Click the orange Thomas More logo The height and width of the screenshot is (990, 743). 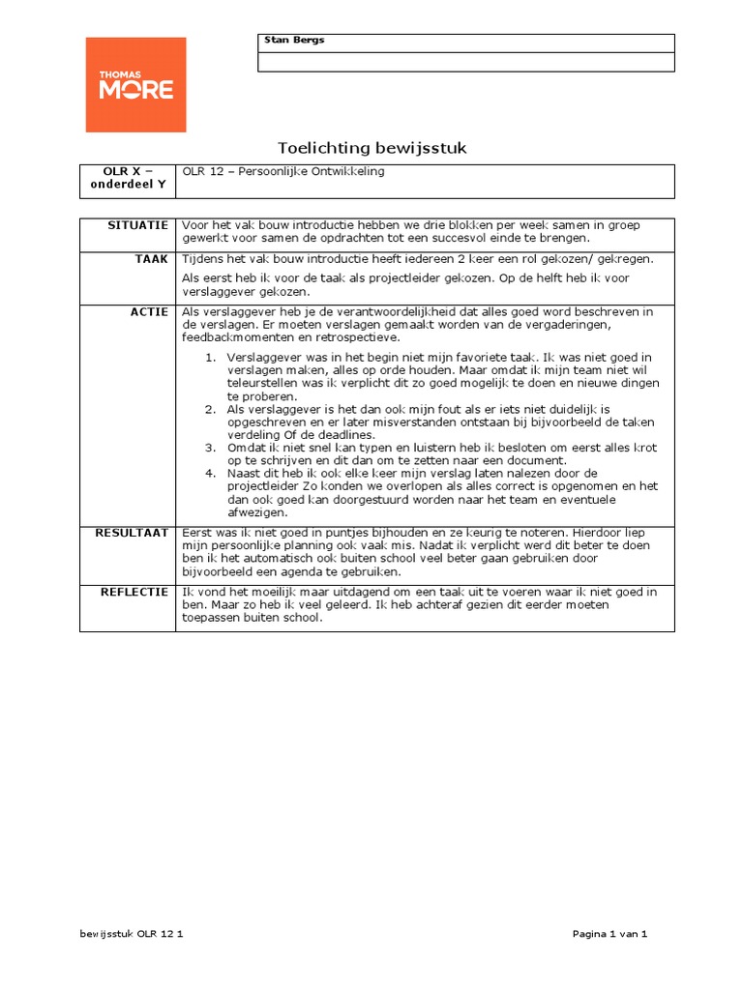(135, 85)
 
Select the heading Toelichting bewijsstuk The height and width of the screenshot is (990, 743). (372, 148)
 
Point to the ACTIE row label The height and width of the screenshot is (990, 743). (150, 312)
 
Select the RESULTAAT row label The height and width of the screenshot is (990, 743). (132, 533)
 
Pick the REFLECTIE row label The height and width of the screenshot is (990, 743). (134, 591)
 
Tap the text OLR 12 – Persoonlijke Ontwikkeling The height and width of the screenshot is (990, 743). (283, 172)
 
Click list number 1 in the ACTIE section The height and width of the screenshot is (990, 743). (210, 358)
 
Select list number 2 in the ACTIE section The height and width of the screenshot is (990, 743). (210, 409)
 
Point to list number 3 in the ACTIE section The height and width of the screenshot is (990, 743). (210, 448)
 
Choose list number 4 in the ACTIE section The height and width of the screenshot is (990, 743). (210, 474)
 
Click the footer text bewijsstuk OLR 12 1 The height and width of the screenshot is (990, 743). (132, 934)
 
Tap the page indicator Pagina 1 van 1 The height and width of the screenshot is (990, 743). (609, 934)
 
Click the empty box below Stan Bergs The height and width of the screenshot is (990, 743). (465, 62)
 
